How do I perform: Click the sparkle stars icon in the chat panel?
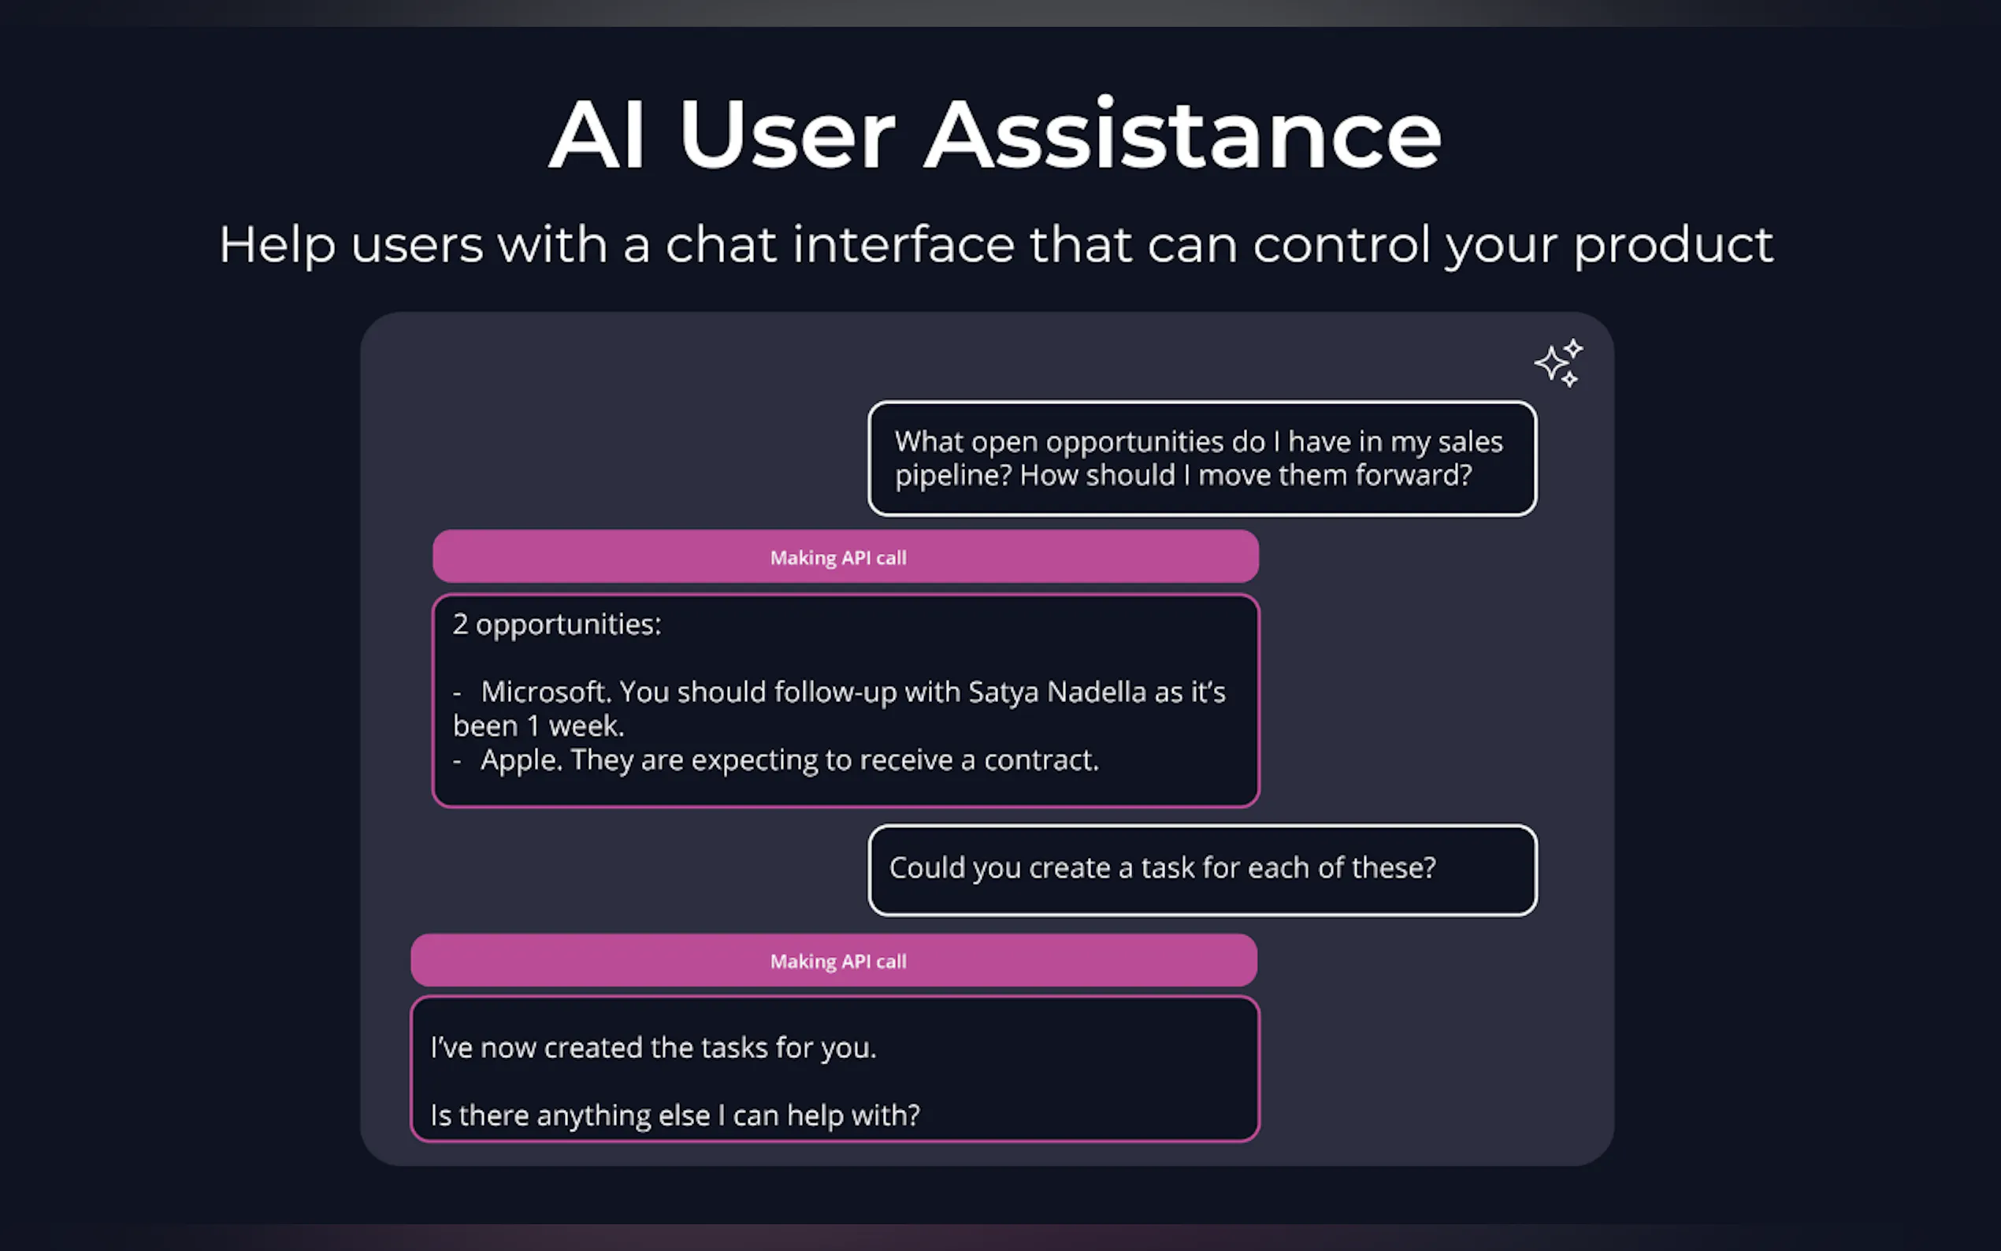1559,362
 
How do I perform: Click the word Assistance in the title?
1183,135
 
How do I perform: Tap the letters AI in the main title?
596,135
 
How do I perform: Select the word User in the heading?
787,135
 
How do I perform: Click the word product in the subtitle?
1672,245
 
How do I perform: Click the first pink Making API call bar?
845,557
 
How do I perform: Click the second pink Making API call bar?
833,960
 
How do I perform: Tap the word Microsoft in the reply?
544,692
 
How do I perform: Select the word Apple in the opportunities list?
520,760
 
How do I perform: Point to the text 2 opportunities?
557,625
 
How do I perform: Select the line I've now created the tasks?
652,1049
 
